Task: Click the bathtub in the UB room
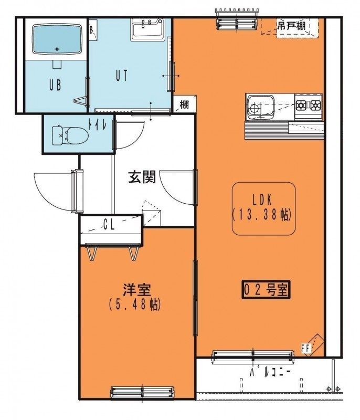click(57, 39)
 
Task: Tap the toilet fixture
click(70, 135)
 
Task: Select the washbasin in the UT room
click(147, 29)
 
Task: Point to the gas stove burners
click(309, 106)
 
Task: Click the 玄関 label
click(142, 177)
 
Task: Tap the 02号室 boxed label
click(266, 290)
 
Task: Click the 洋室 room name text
click(137, 289)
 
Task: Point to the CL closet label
click(109, 225)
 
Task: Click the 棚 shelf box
click(184, 104)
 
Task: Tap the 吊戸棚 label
click(291, 26)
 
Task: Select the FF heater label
click(305, 349)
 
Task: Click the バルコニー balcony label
click(270, 372)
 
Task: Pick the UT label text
click(122, 76)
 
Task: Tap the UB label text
click(55, 85)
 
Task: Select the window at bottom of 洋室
click(142, 392)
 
